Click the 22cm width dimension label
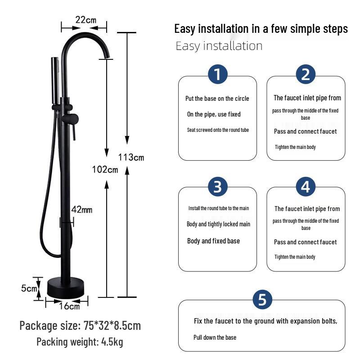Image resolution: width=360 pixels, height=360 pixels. pos(85,20)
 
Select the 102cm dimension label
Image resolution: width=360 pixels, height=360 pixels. pos(104,169)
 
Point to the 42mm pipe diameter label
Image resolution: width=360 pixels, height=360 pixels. pos(82,210)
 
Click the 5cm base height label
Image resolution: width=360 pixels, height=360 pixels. pos(29,288)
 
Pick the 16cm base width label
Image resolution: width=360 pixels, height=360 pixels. pos(70,306)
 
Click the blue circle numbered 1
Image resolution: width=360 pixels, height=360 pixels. pos(218,74)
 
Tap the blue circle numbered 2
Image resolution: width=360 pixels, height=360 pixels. pos(306,74)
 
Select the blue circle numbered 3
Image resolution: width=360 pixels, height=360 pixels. pos(218,186)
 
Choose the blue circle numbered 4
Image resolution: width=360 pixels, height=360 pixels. pos(306,186)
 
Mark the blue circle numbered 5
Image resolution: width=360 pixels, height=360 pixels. pos(262,299)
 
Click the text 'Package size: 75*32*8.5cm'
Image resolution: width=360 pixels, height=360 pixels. pos(80,325)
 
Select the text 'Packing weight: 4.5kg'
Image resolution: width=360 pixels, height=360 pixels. pos(80,342)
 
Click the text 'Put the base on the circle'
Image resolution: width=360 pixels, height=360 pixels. pos(217,99)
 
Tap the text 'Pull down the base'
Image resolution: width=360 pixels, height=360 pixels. pos(215,337)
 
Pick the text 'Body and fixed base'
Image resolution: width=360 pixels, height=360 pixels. pos(213,241)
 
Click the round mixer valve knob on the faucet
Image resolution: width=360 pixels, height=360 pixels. pos(71,119)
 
